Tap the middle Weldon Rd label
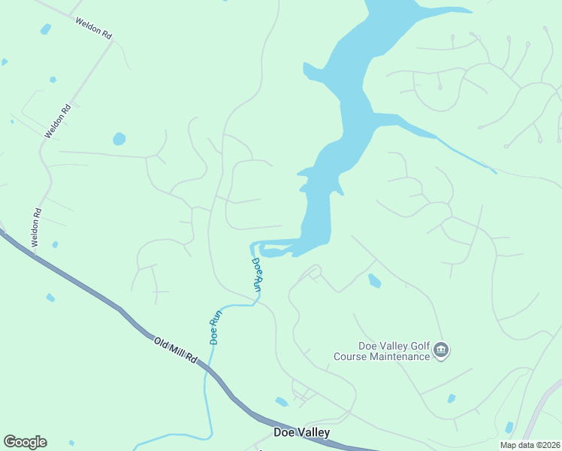pos(57,121)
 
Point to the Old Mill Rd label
pos(175,351)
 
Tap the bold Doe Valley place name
pos(301,432)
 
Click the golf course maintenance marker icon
pos(441,350)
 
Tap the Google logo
pos(25,442)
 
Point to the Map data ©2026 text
pos(529,445)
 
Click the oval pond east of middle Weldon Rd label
pos(119,139)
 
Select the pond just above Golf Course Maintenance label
pos(374,281)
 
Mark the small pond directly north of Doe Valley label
pos(282,402)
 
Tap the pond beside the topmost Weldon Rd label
pos(46,29)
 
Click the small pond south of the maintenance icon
pos(451,398)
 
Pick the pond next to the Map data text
pos(509,427)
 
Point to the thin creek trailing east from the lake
pos(466,156)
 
